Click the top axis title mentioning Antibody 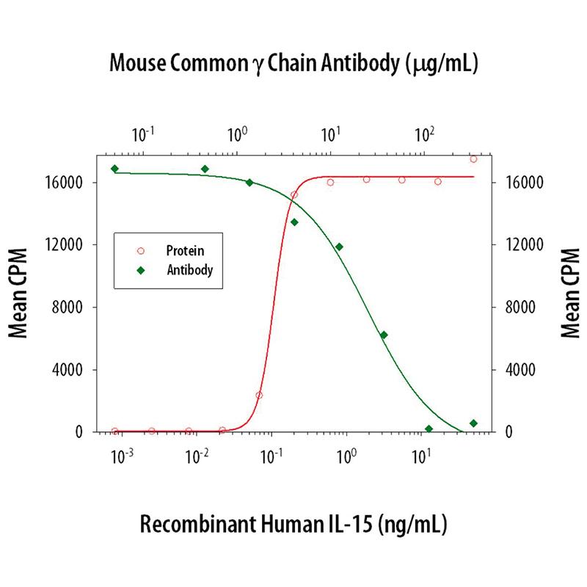[293, 64]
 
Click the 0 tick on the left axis [86, 432]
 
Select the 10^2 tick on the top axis [424, 134]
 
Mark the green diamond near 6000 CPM [383, 335]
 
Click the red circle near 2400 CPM [259, 395]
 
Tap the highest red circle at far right [473, 158]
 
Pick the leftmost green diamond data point [114, 169]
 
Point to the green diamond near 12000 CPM [339, 247]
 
